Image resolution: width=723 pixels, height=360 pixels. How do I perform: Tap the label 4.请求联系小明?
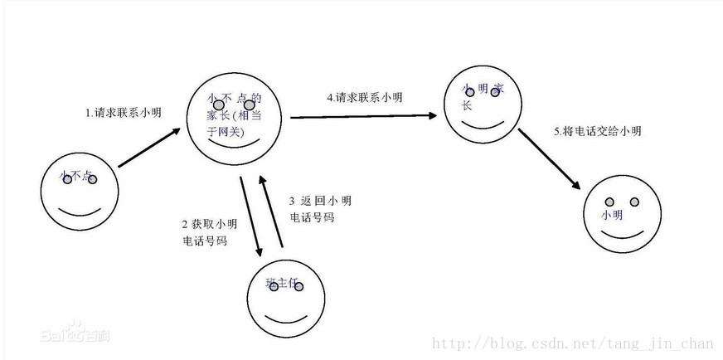365,97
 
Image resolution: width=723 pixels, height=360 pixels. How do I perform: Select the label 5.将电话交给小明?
598,131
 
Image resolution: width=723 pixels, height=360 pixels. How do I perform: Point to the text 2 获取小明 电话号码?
205,232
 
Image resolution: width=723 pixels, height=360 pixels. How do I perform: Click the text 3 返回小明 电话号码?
320,209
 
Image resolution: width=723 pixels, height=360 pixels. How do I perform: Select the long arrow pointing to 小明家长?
363,117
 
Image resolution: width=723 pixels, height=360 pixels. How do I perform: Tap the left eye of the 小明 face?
608,202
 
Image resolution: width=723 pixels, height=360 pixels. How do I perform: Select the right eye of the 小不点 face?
92,179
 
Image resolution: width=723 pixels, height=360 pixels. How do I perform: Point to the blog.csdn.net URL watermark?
573,343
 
